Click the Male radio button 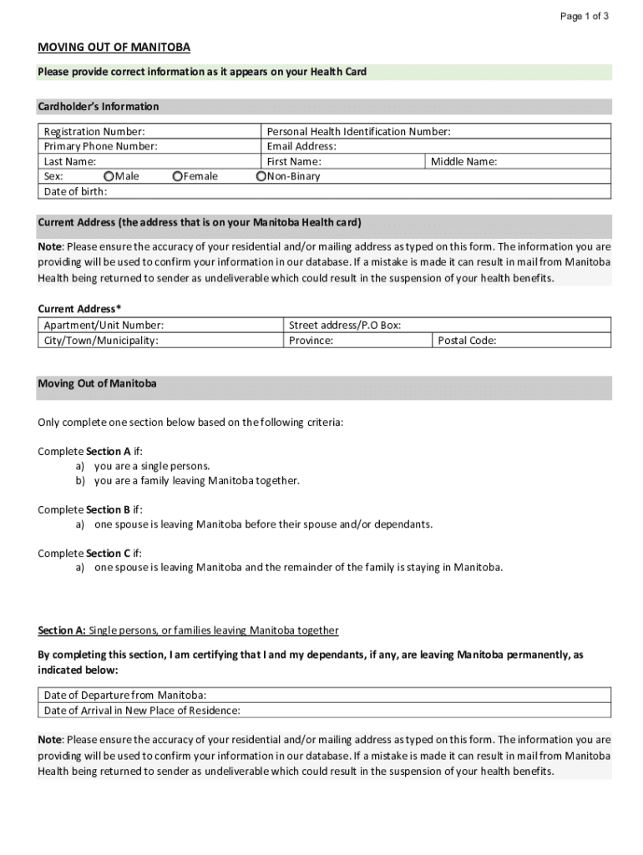(x=109, y=176)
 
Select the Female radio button (x=177, y=176)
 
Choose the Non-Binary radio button (x=261, y=176)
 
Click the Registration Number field (x=200, y=132)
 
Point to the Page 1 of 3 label (x=584, y=16)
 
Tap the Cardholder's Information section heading (x=98, y=107)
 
